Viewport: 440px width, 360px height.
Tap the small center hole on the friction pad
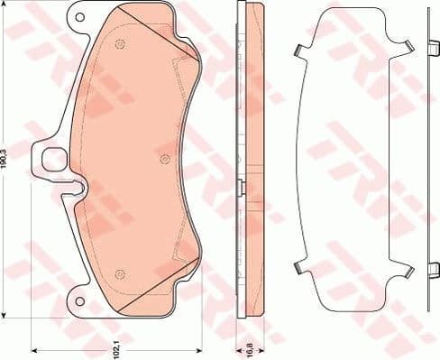pos(162,160)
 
